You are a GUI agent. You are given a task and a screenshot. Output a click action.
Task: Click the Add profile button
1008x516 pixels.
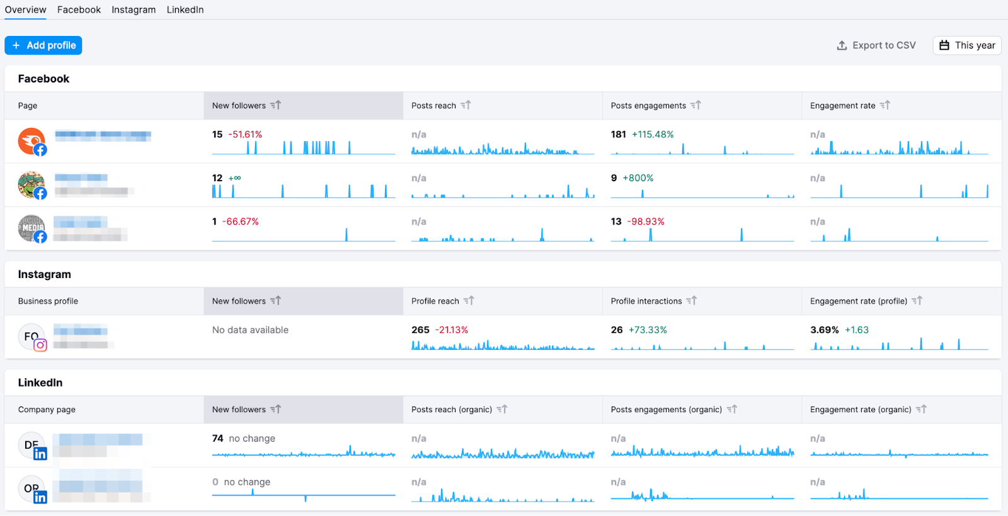[x=43, y=45]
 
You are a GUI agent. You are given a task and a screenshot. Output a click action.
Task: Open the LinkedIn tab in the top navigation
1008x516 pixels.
[x=185, y=9]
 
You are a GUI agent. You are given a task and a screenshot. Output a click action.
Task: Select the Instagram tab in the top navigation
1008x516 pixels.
[x=134, y=9]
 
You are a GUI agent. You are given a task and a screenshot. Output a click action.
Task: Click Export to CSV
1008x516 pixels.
[x=876, y=45]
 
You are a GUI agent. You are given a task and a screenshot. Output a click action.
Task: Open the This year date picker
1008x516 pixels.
[x=967, y=45]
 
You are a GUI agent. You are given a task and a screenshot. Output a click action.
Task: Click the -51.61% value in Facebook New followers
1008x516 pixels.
[x=245, y=135]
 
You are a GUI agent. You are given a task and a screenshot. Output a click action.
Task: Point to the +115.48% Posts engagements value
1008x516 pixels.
[x=653, y=135]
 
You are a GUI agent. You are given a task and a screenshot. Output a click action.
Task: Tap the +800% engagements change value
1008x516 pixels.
[x=638, y=178]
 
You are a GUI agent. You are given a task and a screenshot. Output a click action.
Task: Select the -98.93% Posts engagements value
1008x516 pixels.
[x=646, y=222]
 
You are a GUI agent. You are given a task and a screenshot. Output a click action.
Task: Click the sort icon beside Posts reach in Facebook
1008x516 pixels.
[x=466, y=105]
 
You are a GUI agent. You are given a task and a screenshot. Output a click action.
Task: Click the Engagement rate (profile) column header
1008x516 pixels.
[x=858, y=301]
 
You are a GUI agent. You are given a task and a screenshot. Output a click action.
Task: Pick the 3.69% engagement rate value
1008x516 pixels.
[x=824, y=330]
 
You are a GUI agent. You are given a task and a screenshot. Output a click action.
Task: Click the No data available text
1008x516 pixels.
[x=250, y=330]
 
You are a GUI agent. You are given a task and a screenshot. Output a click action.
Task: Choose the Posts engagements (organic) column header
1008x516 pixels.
[x=666, y=410]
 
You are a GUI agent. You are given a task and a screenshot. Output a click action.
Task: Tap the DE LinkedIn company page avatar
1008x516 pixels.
[x=31, y=445]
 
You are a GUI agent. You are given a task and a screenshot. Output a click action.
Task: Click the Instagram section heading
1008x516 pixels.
[x=44, y=274]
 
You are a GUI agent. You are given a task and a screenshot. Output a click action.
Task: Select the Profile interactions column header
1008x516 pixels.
[x=646, y=301]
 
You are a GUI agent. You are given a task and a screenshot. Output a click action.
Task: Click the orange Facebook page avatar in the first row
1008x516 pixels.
[x=31, y=141]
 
